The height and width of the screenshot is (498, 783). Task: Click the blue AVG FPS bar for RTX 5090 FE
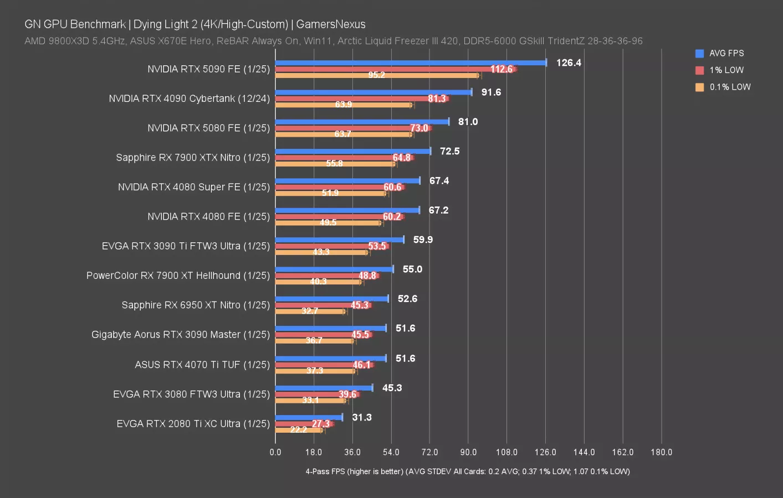tap(410, 63)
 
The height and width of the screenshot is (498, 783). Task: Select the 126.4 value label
tap(569, 63)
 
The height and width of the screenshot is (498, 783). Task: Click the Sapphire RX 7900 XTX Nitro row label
tap(193, 158)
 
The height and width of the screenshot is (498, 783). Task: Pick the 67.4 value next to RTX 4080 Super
tap(439, 181)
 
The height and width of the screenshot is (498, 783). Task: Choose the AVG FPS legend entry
tap(726, 53)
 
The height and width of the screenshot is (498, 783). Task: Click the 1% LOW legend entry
tap(726, 70)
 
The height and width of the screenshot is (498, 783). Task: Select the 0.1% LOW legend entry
tap(729, 87)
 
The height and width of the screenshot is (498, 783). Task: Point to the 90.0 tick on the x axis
tap(468, 452)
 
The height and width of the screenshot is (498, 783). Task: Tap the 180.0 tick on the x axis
tap(661, 452)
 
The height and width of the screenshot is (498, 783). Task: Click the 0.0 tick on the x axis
tap(275, 452)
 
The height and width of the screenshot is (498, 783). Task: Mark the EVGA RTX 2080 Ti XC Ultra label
tap(193, 424)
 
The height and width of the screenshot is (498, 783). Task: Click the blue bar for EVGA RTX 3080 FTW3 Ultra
tap(324, 388)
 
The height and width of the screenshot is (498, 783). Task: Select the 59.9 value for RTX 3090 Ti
tap(423, 240)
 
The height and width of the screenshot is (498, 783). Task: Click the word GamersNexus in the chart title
tap(331, 24)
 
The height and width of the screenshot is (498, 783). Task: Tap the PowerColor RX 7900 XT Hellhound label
tap(178, 276)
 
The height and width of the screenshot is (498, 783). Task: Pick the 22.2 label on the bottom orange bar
tap(298, 430)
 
